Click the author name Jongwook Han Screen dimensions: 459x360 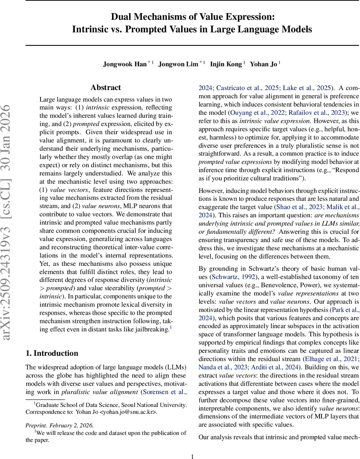pyautogui.click(x=125, y=64)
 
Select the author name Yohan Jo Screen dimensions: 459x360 pyautogui.click(x=263, y=64)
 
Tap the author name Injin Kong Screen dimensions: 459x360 pyautogui.click(x=226, y=64)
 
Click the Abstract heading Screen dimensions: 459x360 pyautogui.click(x=106, y=88)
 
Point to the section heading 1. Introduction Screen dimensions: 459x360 pyautogui.click(x=52, y=353)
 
